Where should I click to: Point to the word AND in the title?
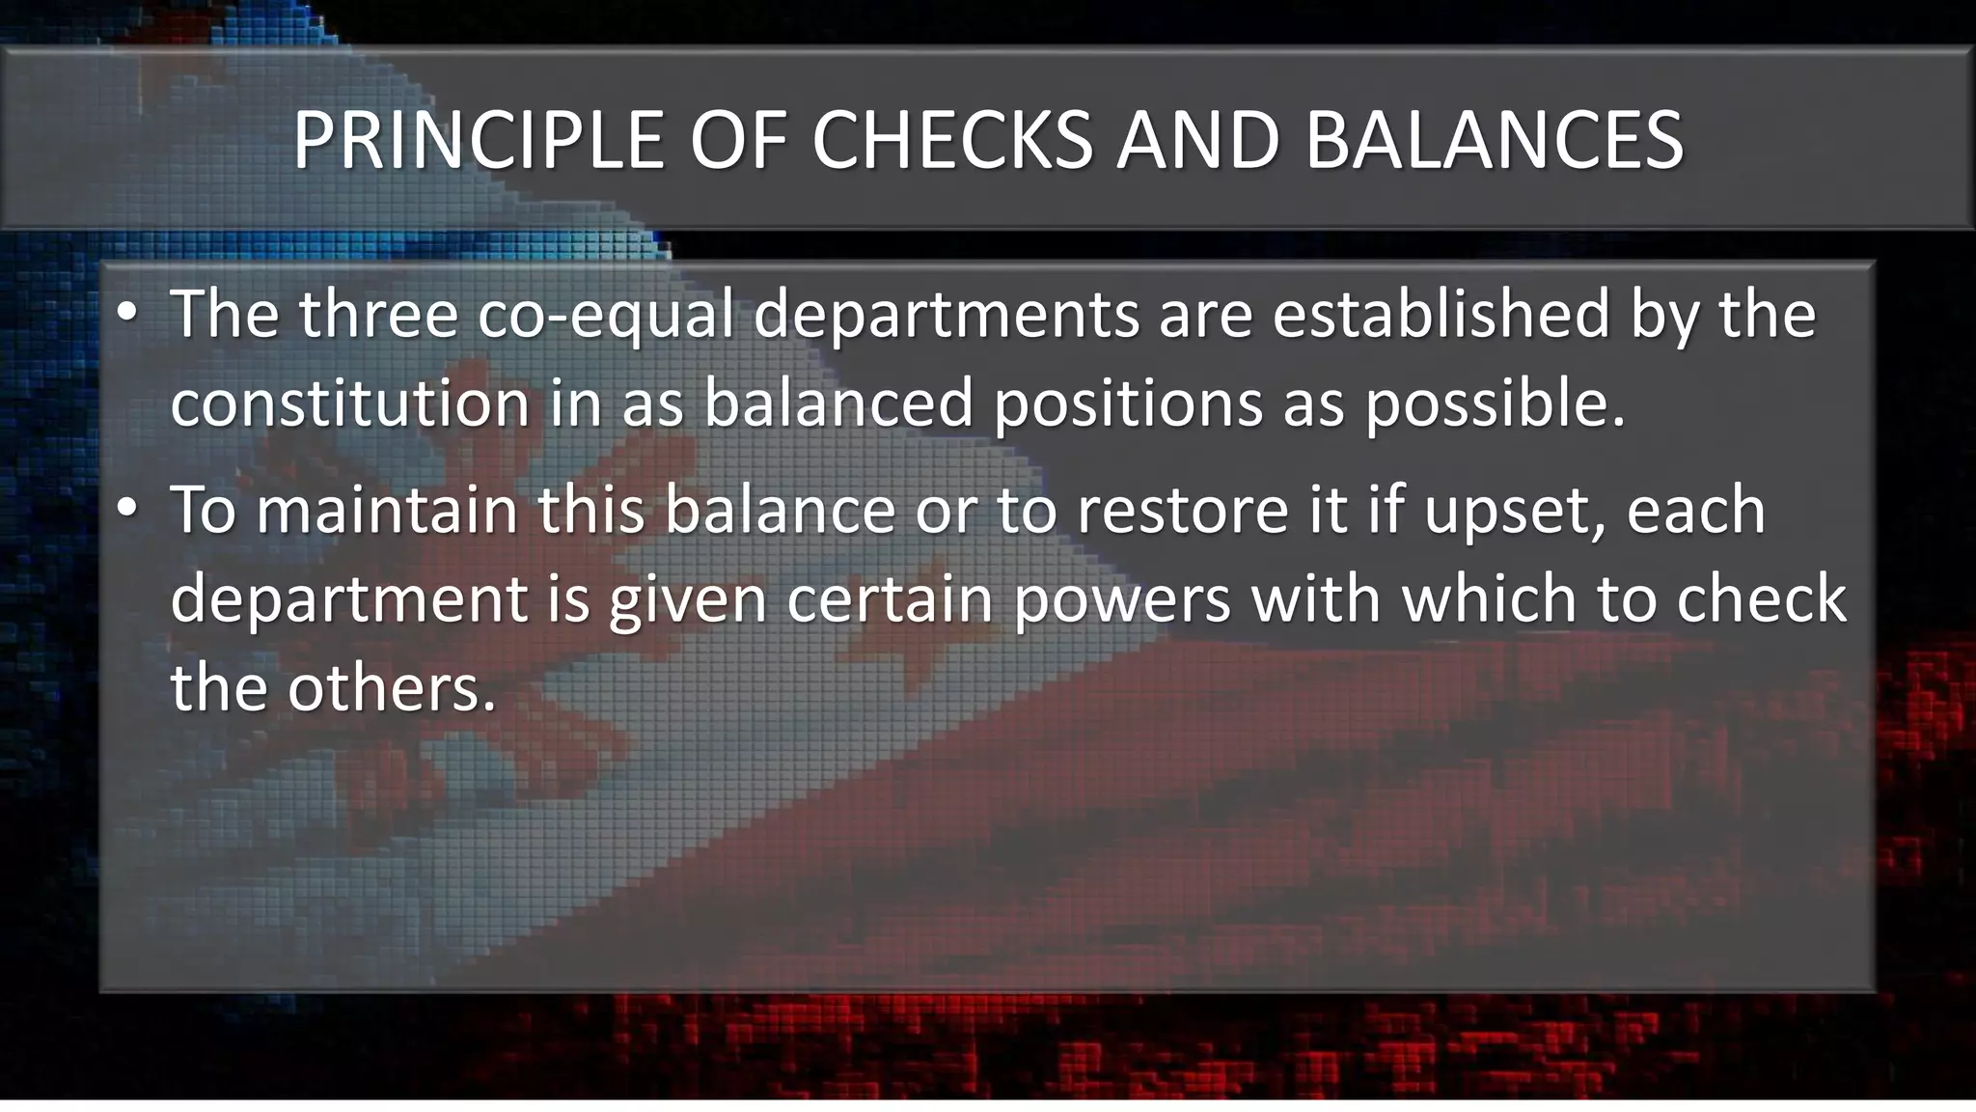[x=1197, y=141]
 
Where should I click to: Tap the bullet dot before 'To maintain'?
[x=126, y=510]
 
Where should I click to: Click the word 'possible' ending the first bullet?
[x=1495, y=403]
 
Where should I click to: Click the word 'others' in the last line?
[x=391, y=687]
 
